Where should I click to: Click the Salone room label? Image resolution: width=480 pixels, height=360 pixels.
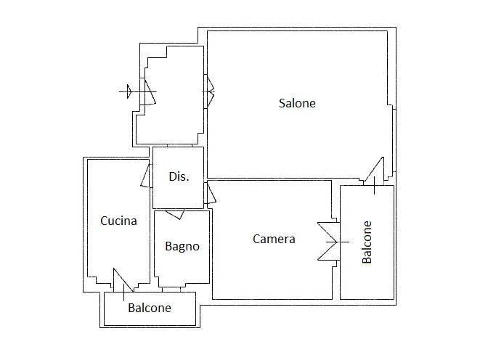(x=297, y=103)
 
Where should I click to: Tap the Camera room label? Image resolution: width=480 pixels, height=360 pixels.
(x=274, y=239)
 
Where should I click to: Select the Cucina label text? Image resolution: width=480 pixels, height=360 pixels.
(x=118, y=221)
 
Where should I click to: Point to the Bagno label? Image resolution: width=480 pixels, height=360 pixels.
(x=182, y=246)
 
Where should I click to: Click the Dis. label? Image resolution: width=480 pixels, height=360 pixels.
(x=179, y=176)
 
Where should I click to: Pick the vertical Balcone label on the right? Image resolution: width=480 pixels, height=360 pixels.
(x=367, y=242)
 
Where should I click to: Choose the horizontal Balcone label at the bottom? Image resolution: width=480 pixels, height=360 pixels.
(x=150, y=308)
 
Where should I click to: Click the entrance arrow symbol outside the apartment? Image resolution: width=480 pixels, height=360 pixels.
(x=129, y=91)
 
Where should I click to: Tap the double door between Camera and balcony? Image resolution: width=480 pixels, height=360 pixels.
(x=329, y=242)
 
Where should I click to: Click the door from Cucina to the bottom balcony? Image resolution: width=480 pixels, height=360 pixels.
(x=123, y=280)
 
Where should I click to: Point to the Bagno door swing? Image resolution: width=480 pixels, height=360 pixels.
(x=175, y=214)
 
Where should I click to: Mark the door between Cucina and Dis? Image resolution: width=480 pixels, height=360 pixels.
(x=146, y=176)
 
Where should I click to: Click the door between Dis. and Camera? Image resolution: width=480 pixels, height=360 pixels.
(x=211, y=192)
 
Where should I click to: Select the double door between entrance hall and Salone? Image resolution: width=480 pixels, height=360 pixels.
(x=210, y=91)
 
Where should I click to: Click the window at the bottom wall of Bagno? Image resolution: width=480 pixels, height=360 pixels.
(x=171, y=290)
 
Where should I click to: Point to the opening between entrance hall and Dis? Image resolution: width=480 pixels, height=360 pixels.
(x=179, y=146)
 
